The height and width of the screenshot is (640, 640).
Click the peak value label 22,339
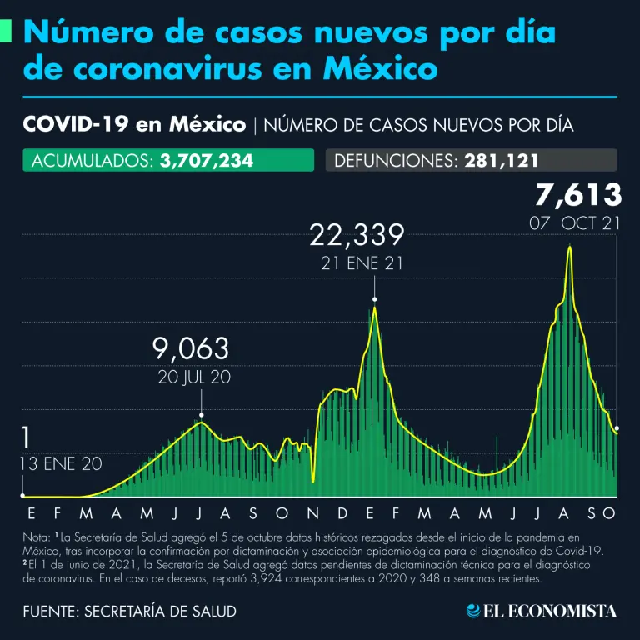(357, 236)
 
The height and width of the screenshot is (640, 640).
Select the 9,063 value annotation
(191, 349)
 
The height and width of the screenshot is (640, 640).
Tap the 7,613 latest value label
(579, 195)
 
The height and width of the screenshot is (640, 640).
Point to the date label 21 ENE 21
(362, 263)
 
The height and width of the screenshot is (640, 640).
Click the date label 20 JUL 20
(194, 377)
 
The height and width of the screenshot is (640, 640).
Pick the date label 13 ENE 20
(61, 463)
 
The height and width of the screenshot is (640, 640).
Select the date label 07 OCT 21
(575, 223)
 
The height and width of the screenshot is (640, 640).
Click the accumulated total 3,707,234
(207, 160)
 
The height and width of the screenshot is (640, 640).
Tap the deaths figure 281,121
(501, 160)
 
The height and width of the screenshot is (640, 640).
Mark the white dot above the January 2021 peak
(375, 299)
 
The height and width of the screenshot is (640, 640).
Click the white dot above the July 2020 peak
(201, 415)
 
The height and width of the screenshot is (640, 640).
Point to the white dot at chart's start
(22, 496)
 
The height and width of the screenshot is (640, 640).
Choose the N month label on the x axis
(312, 513)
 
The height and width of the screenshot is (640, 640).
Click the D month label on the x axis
(342, 513)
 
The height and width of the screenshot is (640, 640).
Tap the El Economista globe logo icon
(473, 611)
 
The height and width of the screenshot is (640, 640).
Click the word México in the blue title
(380, 68)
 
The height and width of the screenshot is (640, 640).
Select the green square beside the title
(5, 31)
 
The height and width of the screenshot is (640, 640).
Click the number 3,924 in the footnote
(264, 579)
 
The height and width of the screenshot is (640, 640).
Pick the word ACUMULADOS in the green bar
(92, 161)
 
